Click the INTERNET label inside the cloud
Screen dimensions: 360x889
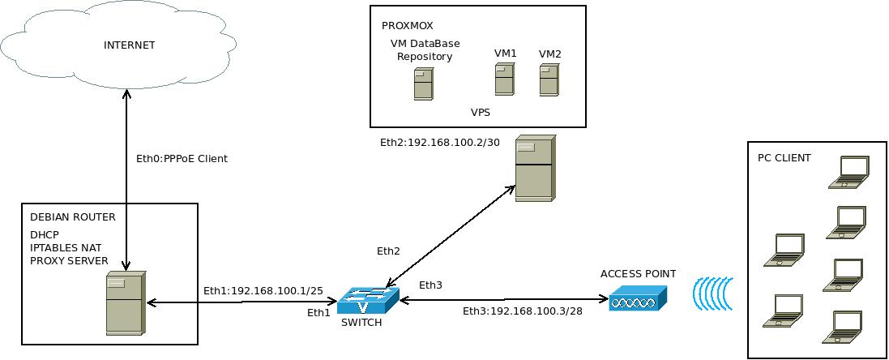129,45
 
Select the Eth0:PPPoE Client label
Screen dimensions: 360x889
182,159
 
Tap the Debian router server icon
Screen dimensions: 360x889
126,303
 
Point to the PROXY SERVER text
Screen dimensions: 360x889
69,260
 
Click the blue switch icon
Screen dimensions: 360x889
368,300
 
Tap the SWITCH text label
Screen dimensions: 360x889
361,323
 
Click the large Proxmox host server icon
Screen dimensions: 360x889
534,169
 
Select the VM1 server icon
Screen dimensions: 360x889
505,79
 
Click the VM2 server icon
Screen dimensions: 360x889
550,80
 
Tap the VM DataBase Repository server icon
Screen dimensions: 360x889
423,84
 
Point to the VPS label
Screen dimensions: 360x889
481,113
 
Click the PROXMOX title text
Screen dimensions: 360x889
407,26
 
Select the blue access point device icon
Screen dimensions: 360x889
638,298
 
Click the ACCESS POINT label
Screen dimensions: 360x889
638,274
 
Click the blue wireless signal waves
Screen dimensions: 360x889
713,294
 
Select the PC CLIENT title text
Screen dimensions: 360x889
784,158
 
